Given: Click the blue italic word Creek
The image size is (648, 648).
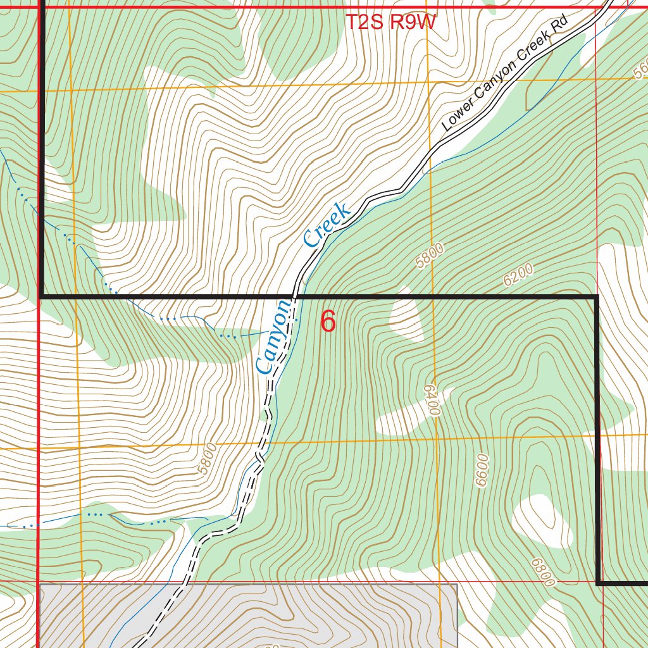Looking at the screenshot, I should (327, 225).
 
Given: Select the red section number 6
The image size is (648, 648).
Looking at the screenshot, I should (328, 321).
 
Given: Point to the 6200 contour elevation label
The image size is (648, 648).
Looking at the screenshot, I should (518, 276).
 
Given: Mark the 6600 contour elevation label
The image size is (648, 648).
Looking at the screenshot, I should (483, 470).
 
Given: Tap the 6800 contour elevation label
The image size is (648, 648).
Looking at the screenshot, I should (544, 571).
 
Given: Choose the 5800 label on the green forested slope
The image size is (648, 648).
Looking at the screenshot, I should (430, 256).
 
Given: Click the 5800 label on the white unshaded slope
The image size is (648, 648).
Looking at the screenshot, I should (207, 459).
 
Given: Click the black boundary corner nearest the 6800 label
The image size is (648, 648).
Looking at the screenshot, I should (598, 582).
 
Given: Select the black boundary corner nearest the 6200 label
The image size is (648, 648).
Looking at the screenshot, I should (597, 297).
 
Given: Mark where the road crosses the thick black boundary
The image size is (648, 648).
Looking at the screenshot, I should (295, 296).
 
